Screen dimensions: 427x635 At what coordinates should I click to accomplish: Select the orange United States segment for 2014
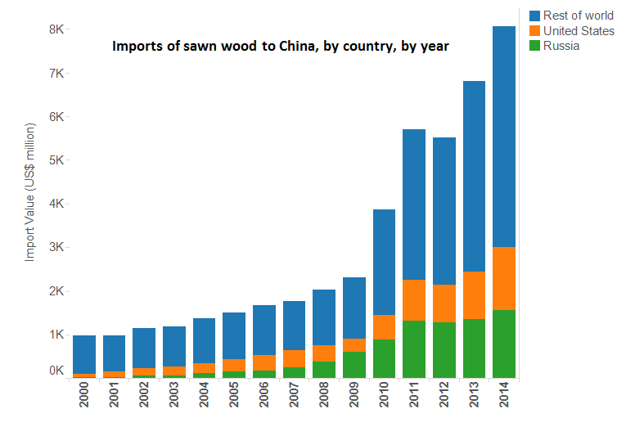point(503,278)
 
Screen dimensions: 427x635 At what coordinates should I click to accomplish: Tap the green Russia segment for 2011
point(414,349)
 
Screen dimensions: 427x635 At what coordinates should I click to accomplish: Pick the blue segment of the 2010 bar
point(384,262)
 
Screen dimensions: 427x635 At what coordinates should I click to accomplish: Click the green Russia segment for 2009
point(354,365)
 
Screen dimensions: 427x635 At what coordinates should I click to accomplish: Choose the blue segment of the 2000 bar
point(84,354)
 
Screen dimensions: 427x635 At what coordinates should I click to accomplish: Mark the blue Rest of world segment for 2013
point(473,176)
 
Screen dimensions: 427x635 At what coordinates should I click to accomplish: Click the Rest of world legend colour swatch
point(535,16)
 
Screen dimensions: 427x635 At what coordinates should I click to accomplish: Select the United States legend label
point(579,31)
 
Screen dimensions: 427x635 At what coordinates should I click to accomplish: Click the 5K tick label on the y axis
point(56,160)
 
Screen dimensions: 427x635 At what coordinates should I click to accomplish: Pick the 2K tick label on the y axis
point(56,291)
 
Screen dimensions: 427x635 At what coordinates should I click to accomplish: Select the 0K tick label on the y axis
point(56,371)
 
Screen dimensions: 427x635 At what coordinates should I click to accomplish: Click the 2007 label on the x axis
point(294,401)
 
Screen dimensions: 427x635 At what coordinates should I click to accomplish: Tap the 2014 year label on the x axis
point(503,401)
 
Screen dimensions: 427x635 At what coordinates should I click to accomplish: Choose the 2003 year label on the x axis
point(174,401)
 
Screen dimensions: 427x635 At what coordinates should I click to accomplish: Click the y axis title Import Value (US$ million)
point(30,192)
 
